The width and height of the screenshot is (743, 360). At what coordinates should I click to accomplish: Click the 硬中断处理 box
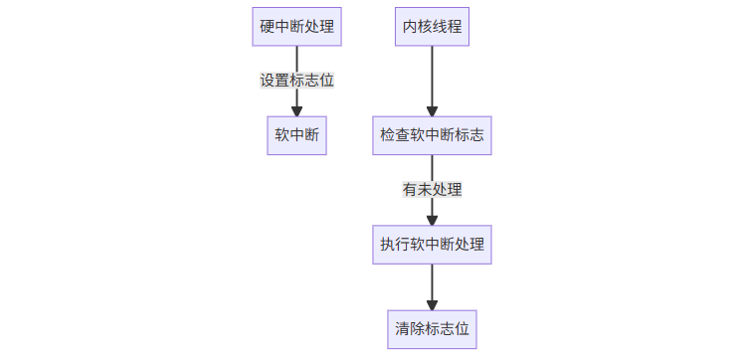(x=296, y=27)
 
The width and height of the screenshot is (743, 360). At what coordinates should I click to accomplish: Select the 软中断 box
(x=296, y=135)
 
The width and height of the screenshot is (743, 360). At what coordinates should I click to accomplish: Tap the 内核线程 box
(x=432, y=27)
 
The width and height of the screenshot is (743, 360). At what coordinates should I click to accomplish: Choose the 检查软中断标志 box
(x=432, y=135)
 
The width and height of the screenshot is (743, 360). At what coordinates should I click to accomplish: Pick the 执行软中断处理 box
(x=432, y=244)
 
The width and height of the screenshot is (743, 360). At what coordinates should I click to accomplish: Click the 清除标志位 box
(x=432, y=328)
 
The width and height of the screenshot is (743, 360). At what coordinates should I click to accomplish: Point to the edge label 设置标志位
(x=296, y=81)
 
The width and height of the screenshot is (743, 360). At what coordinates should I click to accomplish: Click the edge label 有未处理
(x=432, y=189)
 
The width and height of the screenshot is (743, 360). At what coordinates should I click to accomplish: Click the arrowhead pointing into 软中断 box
(x=296, y=110)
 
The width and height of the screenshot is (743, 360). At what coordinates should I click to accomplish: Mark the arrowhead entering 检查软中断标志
(x=432, y=110)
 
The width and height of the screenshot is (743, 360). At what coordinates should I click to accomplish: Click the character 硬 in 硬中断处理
(x=267, y=27)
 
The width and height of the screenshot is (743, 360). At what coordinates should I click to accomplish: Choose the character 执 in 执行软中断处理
(x=387, y=244)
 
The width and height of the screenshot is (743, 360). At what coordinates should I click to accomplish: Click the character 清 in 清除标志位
(x=402, y=328)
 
